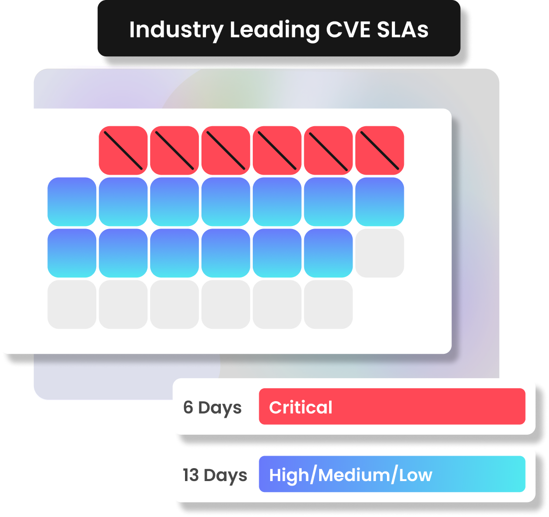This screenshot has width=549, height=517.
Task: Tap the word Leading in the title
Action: [273, 30]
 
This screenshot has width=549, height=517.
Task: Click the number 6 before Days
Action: [188, 408]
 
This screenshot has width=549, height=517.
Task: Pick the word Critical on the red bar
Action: [301, 408]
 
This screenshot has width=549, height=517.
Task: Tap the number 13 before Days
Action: [190, 475]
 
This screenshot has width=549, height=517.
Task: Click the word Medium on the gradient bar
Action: [356, 475]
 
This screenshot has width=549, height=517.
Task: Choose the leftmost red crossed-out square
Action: [123, 150]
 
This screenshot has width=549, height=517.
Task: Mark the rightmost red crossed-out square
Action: [379, 150]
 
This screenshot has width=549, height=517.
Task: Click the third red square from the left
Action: [226, 150]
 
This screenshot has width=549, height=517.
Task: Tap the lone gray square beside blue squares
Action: [379, 253]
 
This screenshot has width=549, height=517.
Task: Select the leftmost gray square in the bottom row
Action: [72, 304]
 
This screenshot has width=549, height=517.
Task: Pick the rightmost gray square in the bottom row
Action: [328, 304]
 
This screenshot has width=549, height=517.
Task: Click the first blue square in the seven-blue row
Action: [72, 202]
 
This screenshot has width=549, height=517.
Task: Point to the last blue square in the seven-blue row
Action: [379, 202]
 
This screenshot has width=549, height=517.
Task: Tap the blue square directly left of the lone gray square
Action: [328, 253]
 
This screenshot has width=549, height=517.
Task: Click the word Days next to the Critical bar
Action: [220, 408]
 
